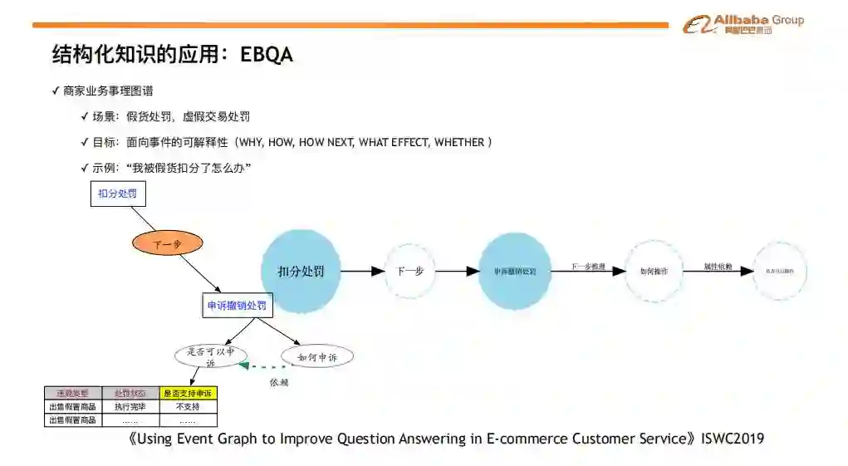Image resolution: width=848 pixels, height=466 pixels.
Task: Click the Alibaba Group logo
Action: pos(743,24)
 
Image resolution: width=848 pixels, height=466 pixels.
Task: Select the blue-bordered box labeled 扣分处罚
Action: pos(117,194)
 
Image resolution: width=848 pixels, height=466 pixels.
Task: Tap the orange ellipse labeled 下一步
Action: pos(167,244)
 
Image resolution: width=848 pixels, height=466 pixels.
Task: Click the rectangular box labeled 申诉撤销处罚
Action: pos(237,306)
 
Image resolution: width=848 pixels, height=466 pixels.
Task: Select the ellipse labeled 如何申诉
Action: pos(317,357)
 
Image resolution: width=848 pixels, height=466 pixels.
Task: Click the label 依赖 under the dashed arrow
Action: pos(278,383)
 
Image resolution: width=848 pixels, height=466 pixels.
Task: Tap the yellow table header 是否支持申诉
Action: pos(189,393)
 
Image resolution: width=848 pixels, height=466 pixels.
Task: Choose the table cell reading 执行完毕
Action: pos(130,407)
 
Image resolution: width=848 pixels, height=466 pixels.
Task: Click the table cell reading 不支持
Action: pos(189,407)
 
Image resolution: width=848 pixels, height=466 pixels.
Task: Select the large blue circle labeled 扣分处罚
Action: pos(301,271)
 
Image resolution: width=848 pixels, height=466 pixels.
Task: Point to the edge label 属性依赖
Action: pos(718,267)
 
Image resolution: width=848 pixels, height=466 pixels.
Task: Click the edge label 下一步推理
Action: pos(588,267)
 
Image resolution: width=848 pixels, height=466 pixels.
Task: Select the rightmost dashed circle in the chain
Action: pos(780,271)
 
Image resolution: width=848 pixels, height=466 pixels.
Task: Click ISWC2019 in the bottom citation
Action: pos(733,439)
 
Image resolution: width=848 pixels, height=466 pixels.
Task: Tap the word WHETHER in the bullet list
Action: pos(459,142)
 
